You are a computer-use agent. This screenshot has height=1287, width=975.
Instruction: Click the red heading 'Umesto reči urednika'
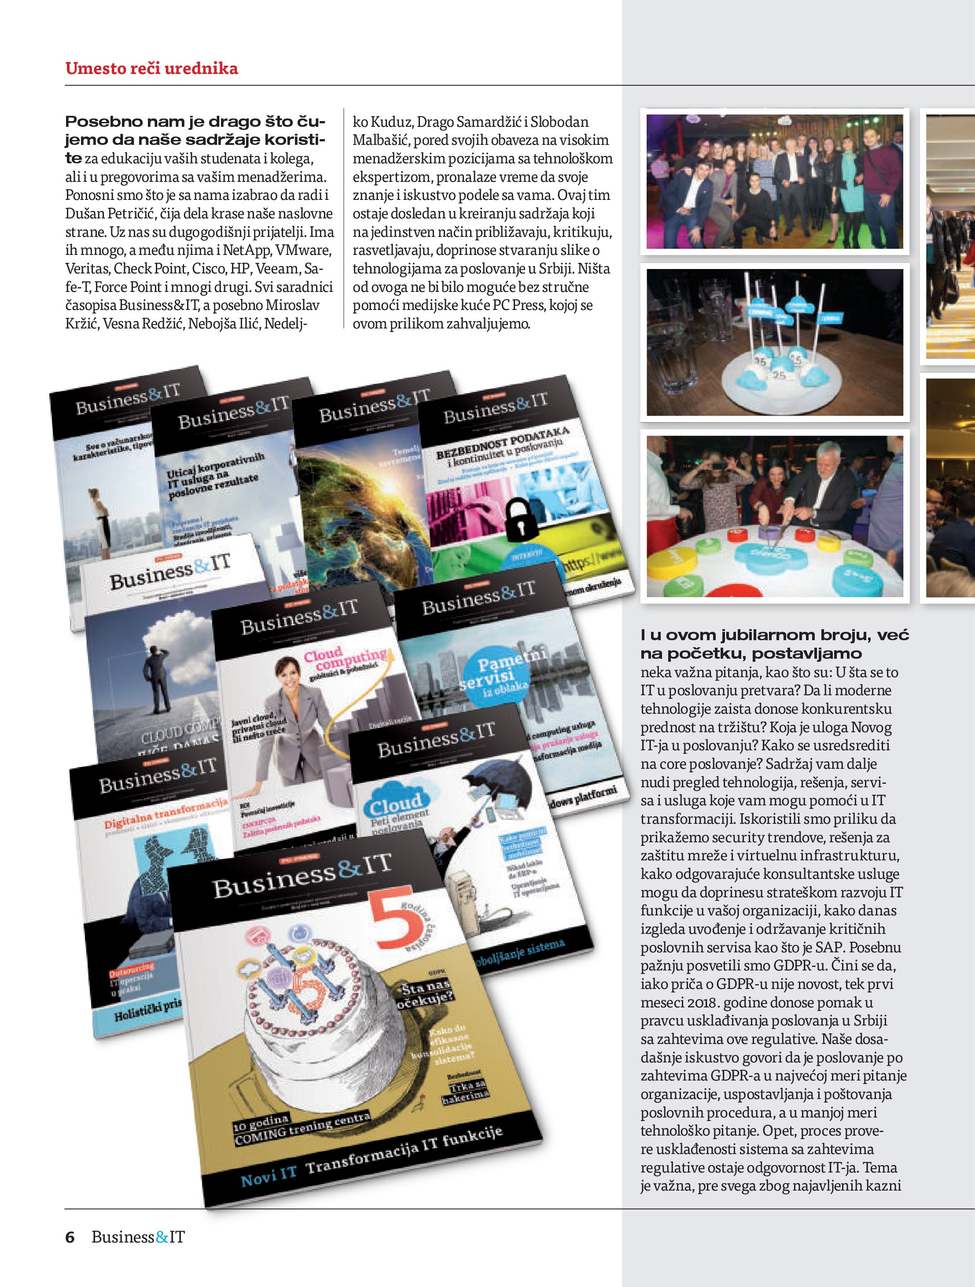coord(151,69)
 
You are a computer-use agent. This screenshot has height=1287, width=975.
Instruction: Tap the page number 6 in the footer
coord(70,1236)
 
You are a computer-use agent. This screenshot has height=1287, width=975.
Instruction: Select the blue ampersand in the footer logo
coord(162,1237)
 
